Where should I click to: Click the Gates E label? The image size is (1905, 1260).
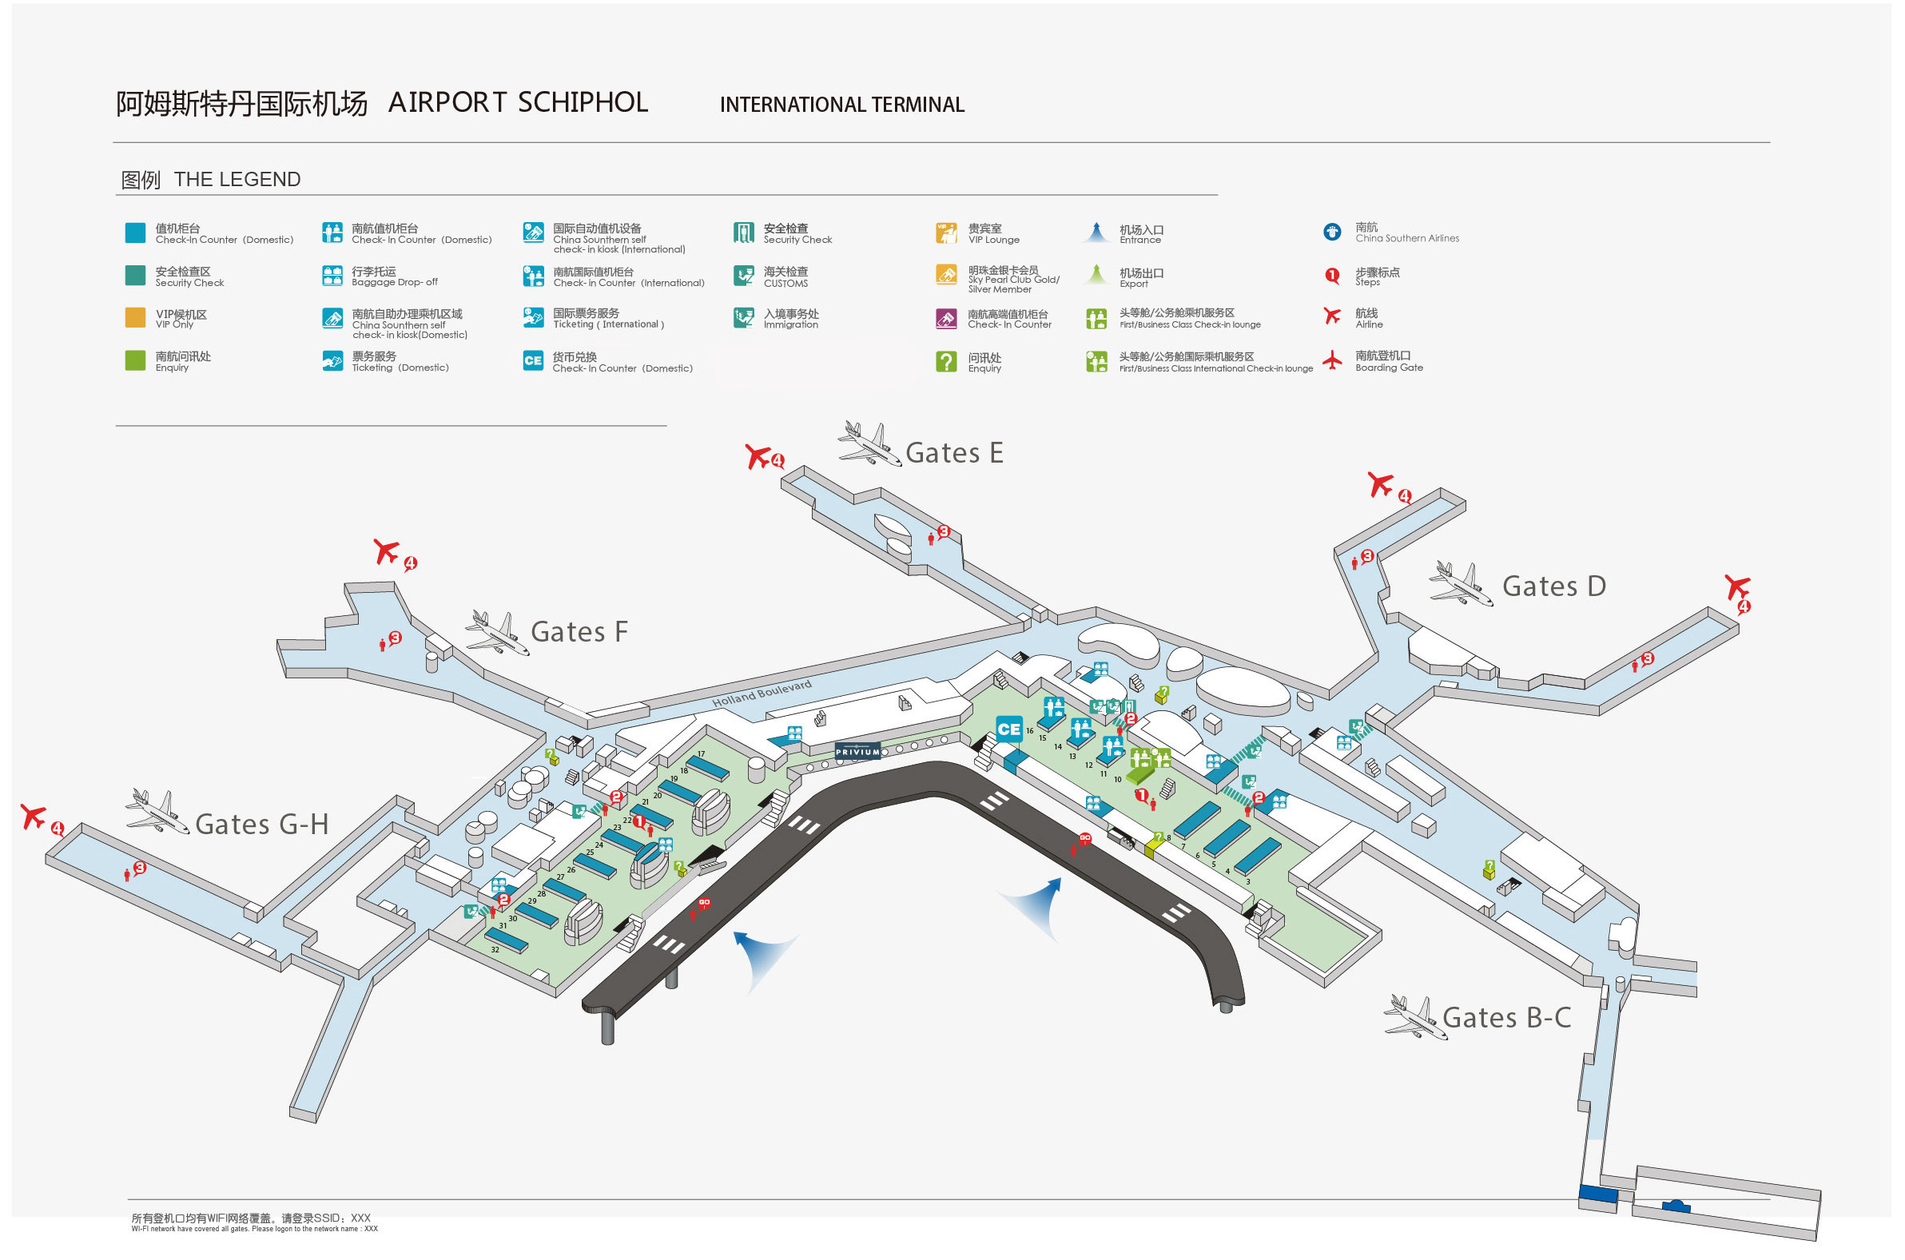click(x=954, y=454)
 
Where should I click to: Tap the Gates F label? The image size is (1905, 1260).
click(x=579, y=633)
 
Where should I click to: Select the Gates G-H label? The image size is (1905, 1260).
click(x=262, y=825)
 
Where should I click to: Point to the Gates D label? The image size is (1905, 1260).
click(x=1553, y=586)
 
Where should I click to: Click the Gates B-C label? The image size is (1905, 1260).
click(x=1505, y=1018)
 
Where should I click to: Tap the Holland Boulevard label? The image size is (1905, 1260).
click(x=761, y=694)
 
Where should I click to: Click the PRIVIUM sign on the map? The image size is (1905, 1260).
click(x=857, y=752)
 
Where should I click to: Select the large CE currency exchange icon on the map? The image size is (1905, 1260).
click(x=1008, y=729)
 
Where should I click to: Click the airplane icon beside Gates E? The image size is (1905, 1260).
click(x=869, y=443)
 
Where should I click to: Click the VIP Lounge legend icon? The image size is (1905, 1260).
click(x=945, y=233)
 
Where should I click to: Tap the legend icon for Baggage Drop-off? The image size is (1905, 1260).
click(x=332, y=276)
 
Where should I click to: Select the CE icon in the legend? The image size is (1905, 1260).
click(x=533, y=362)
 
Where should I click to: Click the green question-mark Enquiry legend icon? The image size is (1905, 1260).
click(x=945, y=362)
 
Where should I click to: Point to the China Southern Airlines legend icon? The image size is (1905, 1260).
click(x=1331, y=233)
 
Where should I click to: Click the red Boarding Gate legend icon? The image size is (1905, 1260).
click(x=1331, y=361)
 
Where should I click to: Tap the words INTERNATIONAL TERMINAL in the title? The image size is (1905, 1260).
click(x=841, y=105)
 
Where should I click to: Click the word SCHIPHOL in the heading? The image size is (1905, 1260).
click(x=583, y=103)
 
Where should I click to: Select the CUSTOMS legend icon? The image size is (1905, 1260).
click(x=743, y=276)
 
